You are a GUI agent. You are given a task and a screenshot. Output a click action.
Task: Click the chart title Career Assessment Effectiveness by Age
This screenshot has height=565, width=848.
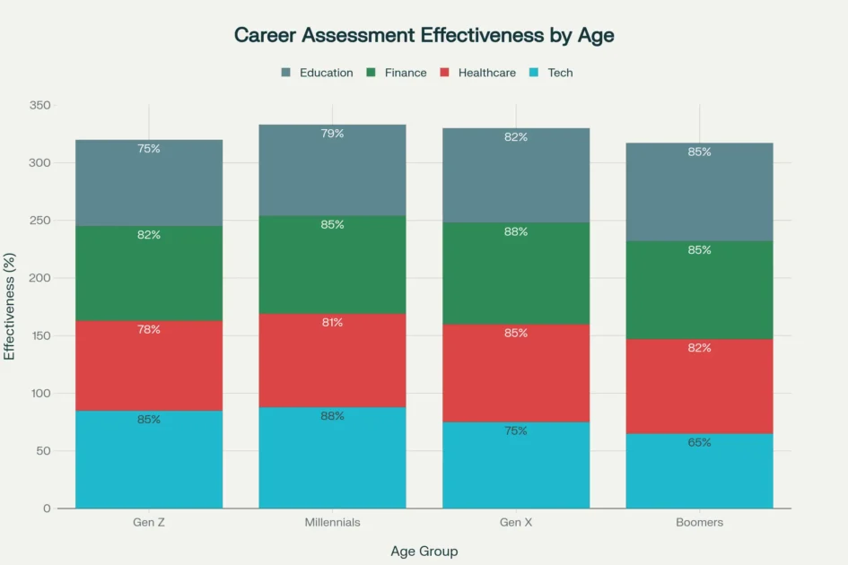tap(424, 35)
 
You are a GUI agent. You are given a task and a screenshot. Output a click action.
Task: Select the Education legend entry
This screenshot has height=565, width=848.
tap(318, 73)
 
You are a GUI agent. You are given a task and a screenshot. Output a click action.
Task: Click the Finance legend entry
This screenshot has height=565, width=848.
tap(397, 73)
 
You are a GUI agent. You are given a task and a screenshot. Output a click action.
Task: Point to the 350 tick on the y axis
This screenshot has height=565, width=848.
tap(40, 106)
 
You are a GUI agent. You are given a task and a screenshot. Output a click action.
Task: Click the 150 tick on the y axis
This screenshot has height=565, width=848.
tap(40, 335)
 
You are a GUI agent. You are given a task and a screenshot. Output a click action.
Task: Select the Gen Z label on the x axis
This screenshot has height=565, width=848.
tap(149, 522)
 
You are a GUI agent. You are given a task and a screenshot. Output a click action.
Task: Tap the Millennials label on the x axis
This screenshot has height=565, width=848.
tap(332, 522)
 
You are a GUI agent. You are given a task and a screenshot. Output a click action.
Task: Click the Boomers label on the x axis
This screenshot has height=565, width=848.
tap(699, 522)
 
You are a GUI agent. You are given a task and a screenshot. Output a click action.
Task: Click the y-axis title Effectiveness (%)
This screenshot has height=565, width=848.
tap(10, 307)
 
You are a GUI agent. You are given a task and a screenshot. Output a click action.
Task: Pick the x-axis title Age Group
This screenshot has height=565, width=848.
tap(424, 551)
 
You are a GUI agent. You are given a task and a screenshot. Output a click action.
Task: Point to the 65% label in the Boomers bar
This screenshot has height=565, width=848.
tap(699, 442)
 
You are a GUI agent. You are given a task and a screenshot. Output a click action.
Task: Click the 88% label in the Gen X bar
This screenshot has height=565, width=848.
tap(516, 231)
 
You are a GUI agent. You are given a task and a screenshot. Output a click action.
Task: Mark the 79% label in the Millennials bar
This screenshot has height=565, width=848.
tap(332, 134)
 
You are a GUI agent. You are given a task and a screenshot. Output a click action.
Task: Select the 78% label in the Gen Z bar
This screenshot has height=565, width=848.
tap(149, 329)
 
